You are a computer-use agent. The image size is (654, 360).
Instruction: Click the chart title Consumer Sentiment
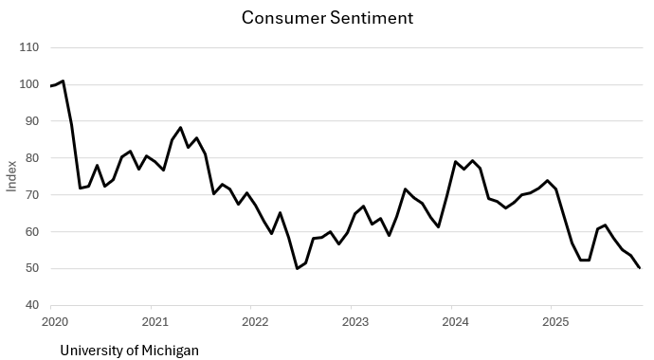(327, 18)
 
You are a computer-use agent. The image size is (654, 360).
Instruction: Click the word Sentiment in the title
(366, 18)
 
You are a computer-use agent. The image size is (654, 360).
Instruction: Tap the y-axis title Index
(12, 176)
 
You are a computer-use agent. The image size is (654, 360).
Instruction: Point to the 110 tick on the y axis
(30, 47)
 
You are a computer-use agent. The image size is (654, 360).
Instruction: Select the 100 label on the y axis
(30, 84)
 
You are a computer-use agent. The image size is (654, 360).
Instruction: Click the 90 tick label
(33, 121)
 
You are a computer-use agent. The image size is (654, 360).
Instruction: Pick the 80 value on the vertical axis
(33, 158)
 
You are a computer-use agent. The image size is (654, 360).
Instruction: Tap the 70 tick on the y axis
(33, 195)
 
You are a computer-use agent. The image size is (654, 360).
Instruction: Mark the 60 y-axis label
(33, 232)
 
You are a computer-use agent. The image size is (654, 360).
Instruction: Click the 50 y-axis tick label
(33, 269)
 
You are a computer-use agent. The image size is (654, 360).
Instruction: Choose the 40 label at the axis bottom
(33, 306)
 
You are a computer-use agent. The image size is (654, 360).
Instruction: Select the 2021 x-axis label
(152, 322)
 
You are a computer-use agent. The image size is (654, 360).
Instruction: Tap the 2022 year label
(251, 322)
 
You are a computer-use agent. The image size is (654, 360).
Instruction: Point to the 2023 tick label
(352, 322)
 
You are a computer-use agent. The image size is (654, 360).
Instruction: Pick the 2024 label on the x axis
(451, 322)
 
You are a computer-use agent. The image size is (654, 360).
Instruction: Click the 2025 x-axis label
(551, 322)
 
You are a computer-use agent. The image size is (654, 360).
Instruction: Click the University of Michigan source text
(129, 351)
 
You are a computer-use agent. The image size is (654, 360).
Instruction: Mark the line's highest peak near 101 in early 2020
(63, 81)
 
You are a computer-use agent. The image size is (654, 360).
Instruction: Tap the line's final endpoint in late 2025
(640, 268)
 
